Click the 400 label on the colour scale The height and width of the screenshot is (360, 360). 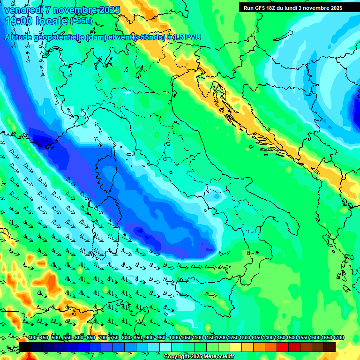click(x=32, y=337)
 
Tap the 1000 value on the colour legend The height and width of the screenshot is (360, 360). click(x=174, y=337)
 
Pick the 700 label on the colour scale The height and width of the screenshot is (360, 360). click(x=103, y=337)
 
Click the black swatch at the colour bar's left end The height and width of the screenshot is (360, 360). click(x=25, y=347)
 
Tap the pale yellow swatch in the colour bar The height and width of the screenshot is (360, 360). click(x=236, y=347)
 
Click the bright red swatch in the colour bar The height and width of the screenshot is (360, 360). click(x=283, y=347)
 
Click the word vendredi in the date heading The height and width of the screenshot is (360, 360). click(x=23, y=10)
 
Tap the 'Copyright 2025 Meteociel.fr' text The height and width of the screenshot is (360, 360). click(x=199, y=357)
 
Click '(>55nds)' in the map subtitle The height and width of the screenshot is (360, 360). click(x=149, y=37)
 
